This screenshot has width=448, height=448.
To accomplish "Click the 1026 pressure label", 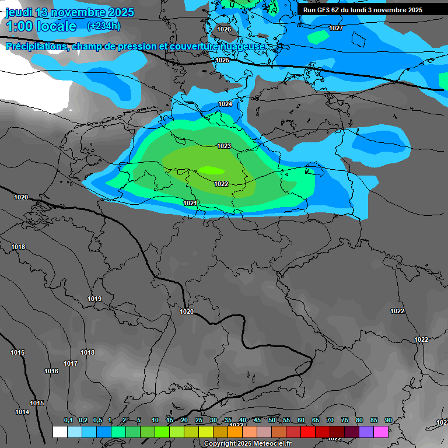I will pyautogui.click(x=224, y=29).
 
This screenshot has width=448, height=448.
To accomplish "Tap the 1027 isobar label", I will pyautogui.click(x=336, y=28).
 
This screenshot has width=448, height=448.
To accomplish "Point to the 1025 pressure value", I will pyautogui.click(x=222, y=60).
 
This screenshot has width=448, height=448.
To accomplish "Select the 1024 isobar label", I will pyautogui.click(x=225, y=104).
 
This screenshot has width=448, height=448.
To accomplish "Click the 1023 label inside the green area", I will pyautogui.click(x=224, y=146).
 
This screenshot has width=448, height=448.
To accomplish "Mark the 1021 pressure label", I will pyautogui.click(x=190, y=203).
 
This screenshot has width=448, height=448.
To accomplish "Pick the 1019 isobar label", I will pyautogui.click(x=94, y=299).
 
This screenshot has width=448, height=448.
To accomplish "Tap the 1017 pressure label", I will pyautogui.click(x=71, y=363).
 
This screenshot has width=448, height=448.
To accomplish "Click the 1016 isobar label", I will pyautogui.click(x=51, y=371).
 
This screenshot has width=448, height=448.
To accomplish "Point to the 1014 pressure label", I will pyautogui.click(x=22, y=412).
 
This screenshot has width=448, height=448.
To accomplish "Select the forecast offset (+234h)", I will pyautogui.click(x=103, y=26).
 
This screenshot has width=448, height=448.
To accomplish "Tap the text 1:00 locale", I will pyautogui.click(x=41, y=27).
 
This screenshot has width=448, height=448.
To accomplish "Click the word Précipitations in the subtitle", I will pyautogui.click(x=36, y=46).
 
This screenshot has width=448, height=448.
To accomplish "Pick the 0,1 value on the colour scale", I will pyautogui.click(x=68, y=420).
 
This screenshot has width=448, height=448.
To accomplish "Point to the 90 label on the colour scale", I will pyautogui.click(x=388, y=420).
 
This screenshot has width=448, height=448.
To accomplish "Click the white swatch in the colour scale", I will pyautogui.click(x=60, y=432).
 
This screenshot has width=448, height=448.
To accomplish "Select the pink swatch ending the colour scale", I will pyautogui.click(x=381, y=432).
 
